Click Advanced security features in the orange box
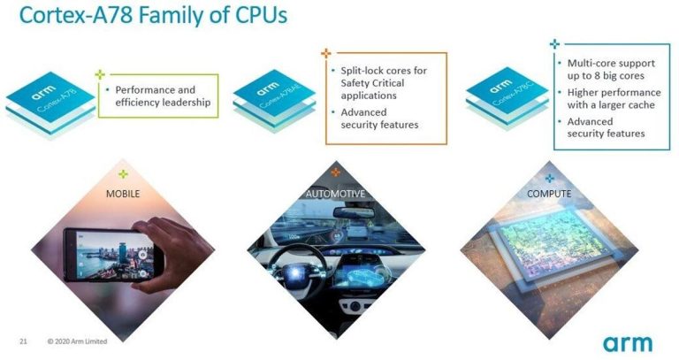point(379,119)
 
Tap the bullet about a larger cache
point(611,98)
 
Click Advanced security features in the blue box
point(606,127)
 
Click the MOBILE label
point(124,192)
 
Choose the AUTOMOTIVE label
point(335,193)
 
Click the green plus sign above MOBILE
point(124,174)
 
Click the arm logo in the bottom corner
point(629,342)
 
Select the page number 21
point(23,341)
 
